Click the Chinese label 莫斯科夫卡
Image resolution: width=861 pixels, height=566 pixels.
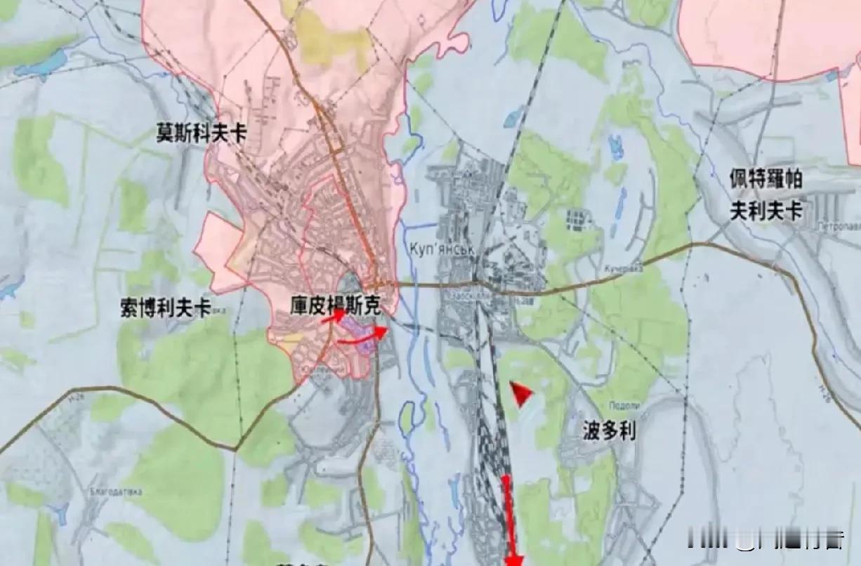click(x=202, y=134)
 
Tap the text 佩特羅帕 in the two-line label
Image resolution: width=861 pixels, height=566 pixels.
click(x=766, y=180)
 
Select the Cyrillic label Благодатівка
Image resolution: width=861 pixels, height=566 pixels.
click(x=116, y=492)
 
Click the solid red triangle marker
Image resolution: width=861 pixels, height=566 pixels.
click(x=520, y=395)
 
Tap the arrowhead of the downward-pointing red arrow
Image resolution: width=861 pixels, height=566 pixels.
click(x=515, y=560)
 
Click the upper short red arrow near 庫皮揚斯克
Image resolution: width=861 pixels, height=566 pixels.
click(x=334, y=316)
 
